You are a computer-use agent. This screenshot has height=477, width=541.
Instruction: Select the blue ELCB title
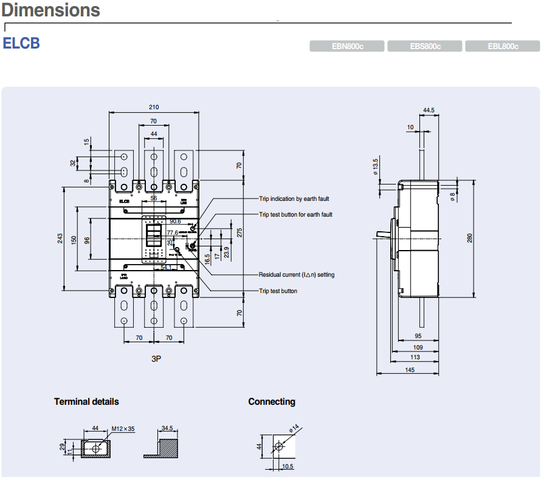tap(21, 44)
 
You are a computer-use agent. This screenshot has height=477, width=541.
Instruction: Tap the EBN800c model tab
tap(347, 47)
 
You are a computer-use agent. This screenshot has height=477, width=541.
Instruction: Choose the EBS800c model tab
tap(425, 47)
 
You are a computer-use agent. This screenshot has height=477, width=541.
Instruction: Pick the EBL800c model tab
tap(503, 47)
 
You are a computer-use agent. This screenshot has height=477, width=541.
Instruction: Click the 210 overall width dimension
tap(154, 107)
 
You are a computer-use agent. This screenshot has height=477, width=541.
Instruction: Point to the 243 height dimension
tap(60, 238)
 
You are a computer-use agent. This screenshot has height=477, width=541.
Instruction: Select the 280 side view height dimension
tap(469, 238)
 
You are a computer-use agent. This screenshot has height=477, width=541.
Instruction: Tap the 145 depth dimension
tap(408, 370)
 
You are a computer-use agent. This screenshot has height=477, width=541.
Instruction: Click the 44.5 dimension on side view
tap(429, 110)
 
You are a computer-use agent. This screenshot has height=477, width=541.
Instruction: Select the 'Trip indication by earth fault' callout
tap(294, 198)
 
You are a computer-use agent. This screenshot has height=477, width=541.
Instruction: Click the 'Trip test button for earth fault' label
tap(295, 214)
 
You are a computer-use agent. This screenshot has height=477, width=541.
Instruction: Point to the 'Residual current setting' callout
tap(296, 275)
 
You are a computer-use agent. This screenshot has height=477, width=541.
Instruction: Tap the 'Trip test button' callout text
tap(278, 291)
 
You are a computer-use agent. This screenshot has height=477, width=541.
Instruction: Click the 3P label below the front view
tap(156, 359)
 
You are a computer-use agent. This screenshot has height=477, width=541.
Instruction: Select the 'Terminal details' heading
tap(86, 402)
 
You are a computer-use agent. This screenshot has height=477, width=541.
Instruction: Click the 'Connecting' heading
tap(271, 402)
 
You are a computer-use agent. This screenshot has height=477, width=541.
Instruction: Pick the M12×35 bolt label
tap(123, 429)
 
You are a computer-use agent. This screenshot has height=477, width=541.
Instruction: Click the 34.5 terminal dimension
tap(167, 428)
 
